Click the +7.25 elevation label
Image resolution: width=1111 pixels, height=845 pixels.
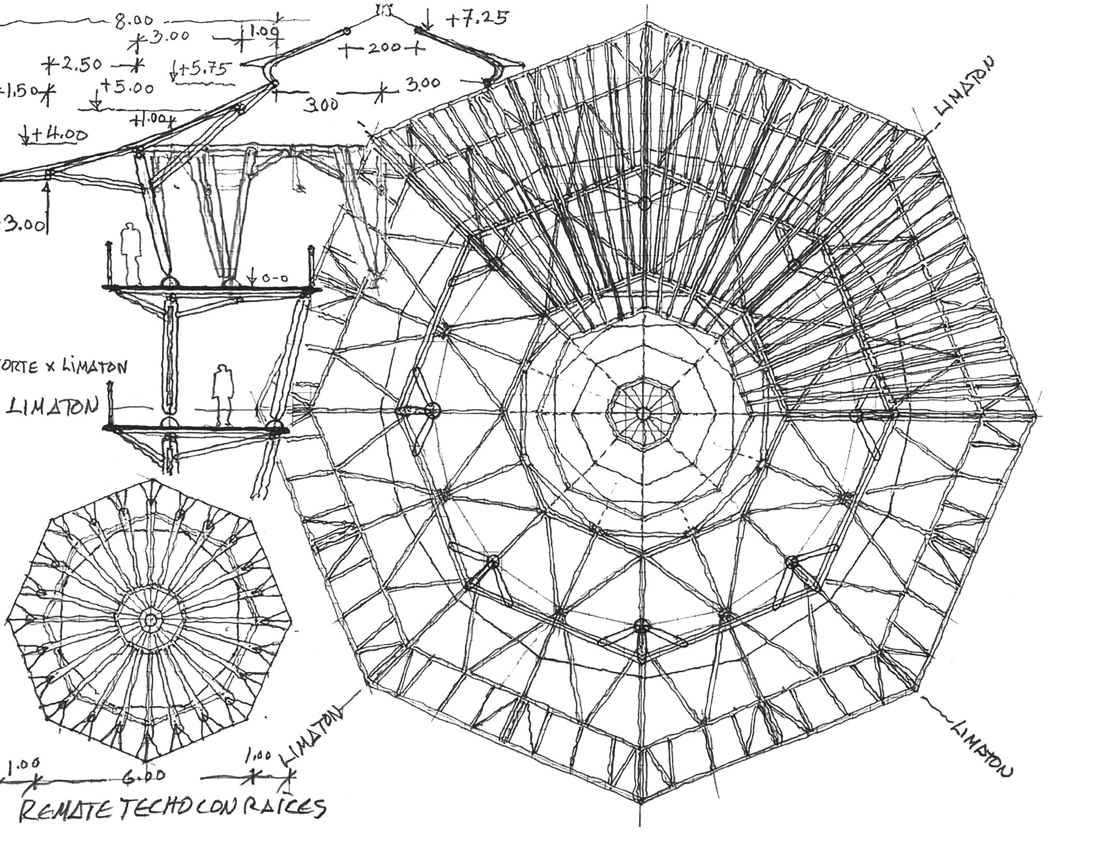477,19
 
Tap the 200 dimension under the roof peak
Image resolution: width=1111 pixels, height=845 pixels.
383,49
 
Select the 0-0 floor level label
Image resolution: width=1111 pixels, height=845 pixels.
275,278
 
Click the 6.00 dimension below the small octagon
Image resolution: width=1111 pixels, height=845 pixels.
144,775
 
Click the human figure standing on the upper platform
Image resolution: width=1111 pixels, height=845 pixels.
130,253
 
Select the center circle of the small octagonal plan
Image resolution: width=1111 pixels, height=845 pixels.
151,619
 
